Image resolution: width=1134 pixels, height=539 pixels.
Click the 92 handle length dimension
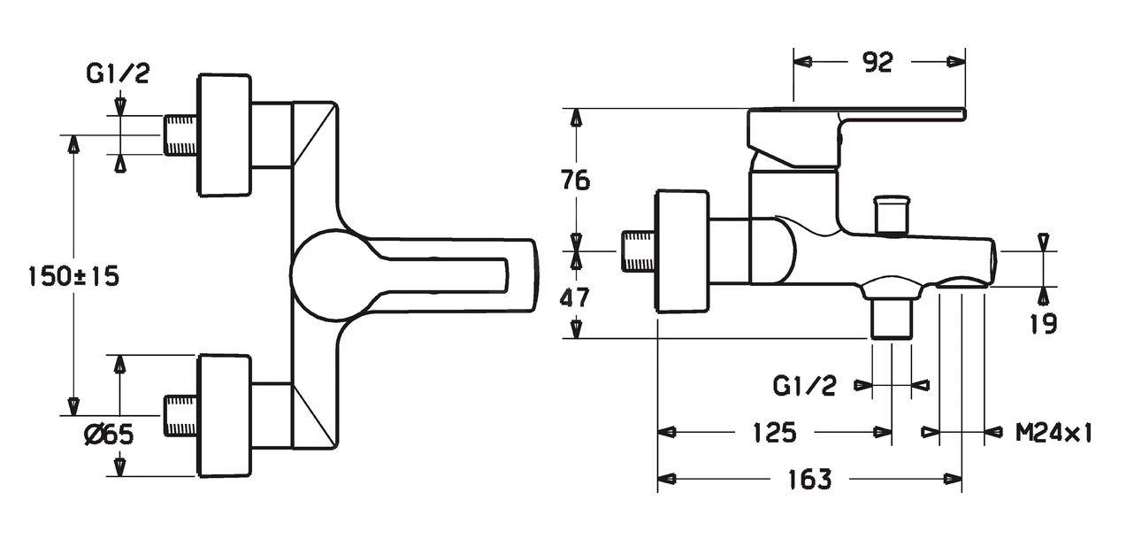tap(877, 62)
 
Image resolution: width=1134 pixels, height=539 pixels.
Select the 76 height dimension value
tap(575, 181)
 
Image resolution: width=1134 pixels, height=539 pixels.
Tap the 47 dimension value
tap(575, 296)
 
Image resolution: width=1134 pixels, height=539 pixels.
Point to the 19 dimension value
tap(1044, 323)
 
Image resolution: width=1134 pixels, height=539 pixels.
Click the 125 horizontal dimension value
tap(775, 432)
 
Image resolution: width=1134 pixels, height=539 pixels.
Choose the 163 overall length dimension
tap(809, 480)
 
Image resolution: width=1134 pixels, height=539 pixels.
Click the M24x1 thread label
tap(1054, 433)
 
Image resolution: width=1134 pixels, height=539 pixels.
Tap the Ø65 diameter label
tap(107, 435)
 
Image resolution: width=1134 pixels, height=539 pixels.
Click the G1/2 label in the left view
tap(118, 74)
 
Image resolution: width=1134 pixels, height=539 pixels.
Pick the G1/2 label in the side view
tap(804, 386)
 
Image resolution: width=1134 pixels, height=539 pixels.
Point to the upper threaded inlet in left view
tap(181, 135)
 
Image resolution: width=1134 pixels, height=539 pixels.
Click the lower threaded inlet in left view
tap(181, 413)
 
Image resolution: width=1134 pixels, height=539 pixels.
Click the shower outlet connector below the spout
tap(891, 317)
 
